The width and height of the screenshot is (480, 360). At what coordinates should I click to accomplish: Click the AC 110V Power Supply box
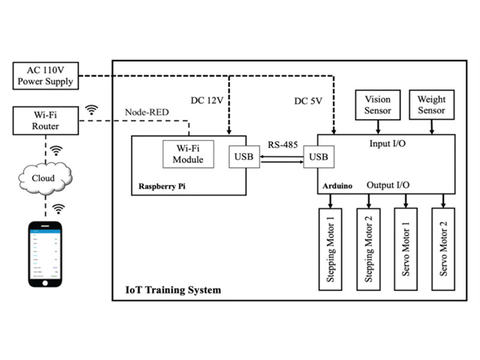(46, 75)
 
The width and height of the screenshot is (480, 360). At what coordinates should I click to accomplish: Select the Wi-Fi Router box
(46, 121)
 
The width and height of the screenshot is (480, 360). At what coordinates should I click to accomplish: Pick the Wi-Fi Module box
(188, 154)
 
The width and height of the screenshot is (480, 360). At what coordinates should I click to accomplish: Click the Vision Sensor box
(377, 105)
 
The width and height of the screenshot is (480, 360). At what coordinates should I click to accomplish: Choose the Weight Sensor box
(431, 105)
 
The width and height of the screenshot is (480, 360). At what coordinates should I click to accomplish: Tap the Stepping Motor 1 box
(330, 250)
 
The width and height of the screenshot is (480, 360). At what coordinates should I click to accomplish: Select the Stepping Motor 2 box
(368, 250)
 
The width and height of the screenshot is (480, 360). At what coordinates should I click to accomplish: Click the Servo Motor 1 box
(406, 250)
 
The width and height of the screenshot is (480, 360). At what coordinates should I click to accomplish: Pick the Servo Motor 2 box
(443, 250)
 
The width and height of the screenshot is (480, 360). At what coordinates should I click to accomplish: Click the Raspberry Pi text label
(162, 186)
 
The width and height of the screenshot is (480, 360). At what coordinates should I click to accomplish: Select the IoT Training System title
(173, 290)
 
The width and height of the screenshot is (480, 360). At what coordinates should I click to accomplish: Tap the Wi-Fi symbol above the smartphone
(58, 209)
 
